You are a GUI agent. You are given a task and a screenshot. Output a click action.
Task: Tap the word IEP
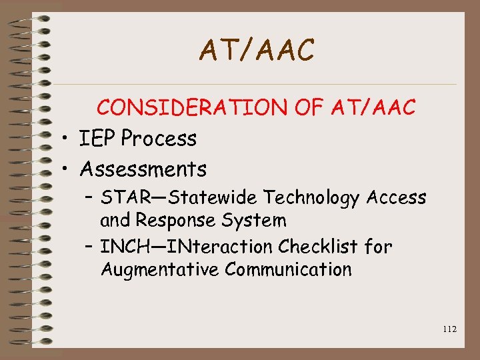(x=97, y=139)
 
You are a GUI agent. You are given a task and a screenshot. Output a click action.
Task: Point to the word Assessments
(x=143, y=169)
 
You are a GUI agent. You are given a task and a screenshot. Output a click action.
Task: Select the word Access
(x=396, y=198)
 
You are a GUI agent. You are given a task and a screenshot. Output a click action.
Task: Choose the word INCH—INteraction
(x=187, y=247)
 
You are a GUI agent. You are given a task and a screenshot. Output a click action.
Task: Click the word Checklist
(x=319, y=247)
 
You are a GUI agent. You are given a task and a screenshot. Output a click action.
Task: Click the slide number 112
(x=449, y=329)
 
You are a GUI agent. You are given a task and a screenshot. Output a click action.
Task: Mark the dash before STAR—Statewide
(x=90, y=198)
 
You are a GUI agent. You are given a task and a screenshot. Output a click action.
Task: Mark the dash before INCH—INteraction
(x=90, y=247)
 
